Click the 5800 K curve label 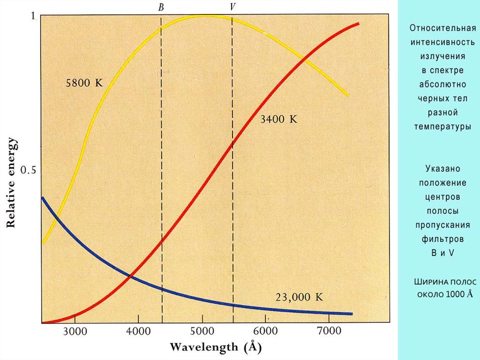[x=84, y=83]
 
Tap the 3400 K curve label [x=278, y=119]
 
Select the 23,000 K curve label [x=299, y=297]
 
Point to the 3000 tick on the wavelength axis [x=74, y=331]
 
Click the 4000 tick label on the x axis [x=138, y=331]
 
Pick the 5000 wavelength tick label [x=202, y=331]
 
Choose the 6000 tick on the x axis [x=265, y=331]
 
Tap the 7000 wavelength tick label [x=329, y=331]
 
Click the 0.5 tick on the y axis [x=28, y=169]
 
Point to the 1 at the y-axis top [x=33, y=16]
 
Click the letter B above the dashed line [x=161, y=7]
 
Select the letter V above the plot [x=232, y=6]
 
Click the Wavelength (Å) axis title [x=215, y=347]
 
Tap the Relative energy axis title [x=11, y=183]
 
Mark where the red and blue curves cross [x=130, y=276]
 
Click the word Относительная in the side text [x=442, y=28]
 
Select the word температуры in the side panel [x=442, y=126]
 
